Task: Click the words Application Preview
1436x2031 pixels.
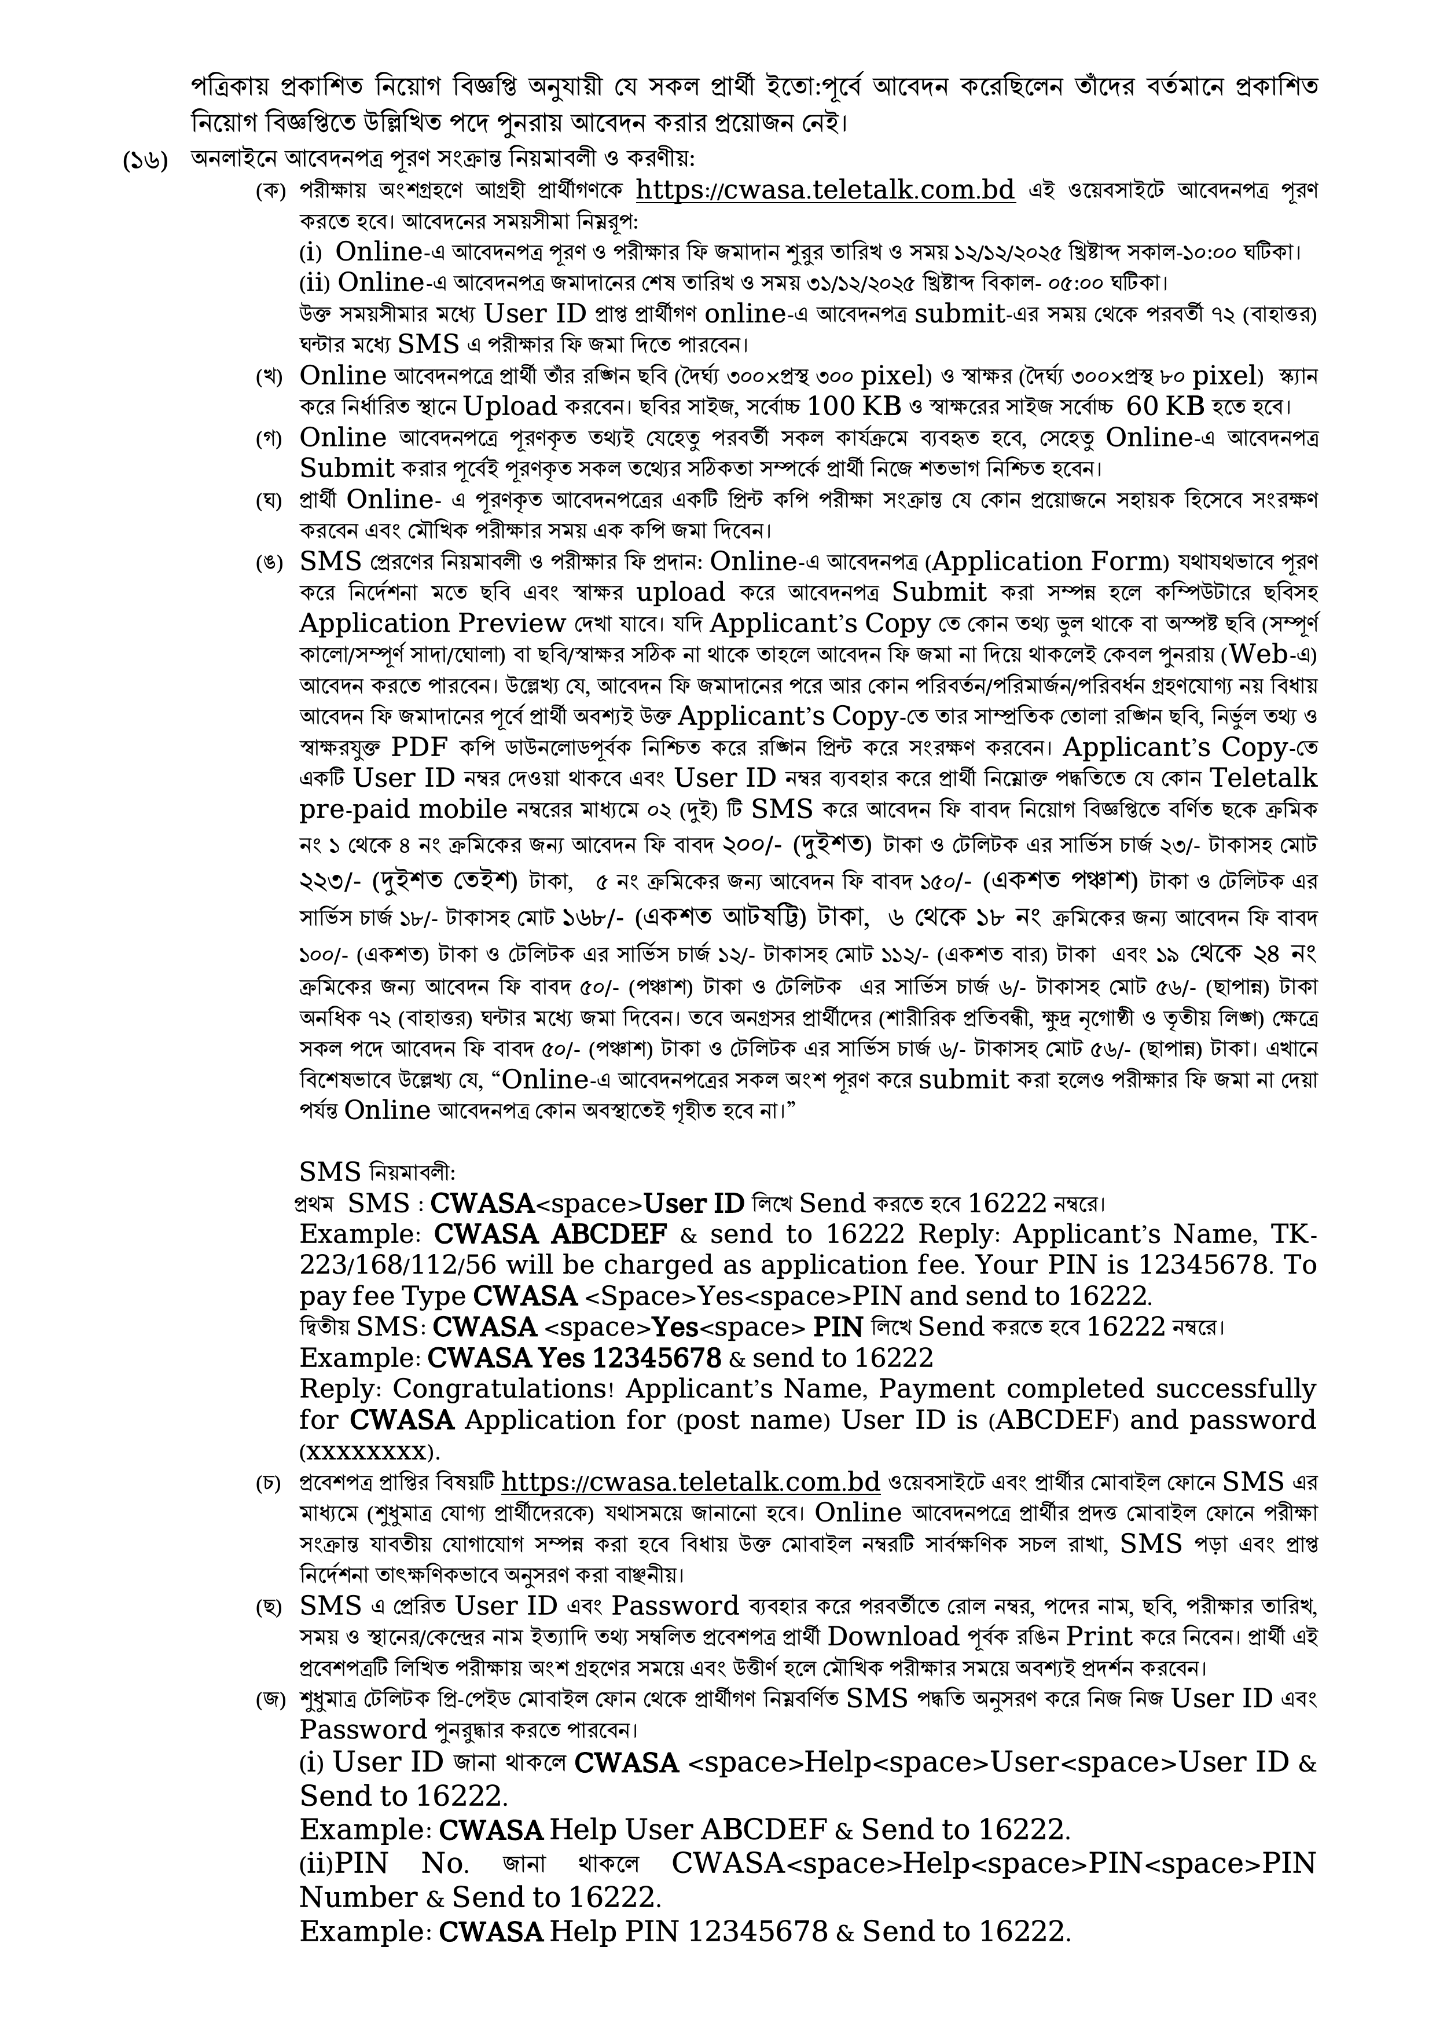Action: (x=432, y=623)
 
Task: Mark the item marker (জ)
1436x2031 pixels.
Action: (x=269, y=1700)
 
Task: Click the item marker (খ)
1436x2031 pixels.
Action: (x=269, y=377)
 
